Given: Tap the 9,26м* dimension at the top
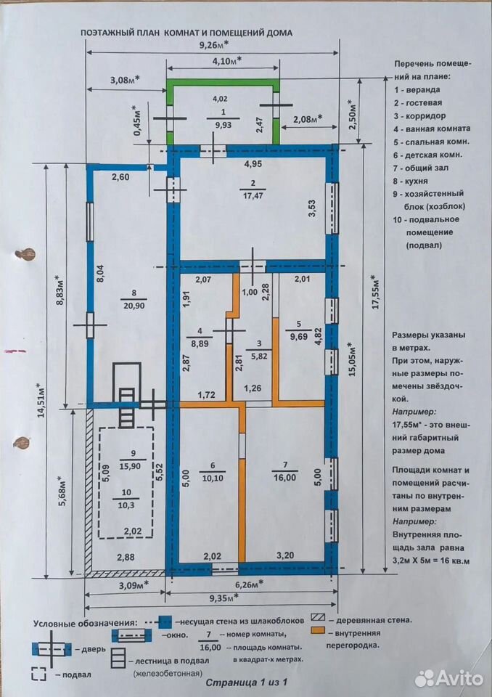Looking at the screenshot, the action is [x=213, y=44].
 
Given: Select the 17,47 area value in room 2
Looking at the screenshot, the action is [x=252, y=195].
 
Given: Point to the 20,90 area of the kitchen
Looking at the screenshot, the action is [x=134, y=305].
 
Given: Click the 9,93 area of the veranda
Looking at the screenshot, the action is [x=223, y=126].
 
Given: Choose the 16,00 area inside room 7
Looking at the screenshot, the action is [x=285, y=477].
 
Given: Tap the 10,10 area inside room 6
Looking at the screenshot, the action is [x=212, y=478].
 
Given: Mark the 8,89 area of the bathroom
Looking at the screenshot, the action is [x=200, y=343].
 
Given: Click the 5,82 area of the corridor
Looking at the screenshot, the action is [x=258, y=356].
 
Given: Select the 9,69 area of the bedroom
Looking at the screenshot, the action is [x=299, y=337].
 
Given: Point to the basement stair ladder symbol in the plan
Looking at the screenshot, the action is [x=127, y=407].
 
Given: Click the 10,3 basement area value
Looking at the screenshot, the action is [x=127, y=505].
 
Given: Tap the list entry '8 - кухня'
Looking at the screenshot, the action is [x=410, y=182].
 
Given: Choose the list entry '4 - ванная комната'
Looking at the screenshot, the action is [x=432, y=129].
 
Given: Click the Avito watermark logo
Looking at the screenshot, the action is [x=448, y=678].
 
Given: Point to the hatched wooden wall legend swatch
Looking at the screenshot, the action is [x=319, y=618].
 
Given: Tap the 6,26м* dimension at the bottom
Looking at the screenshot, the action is [x=246, y=583].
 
